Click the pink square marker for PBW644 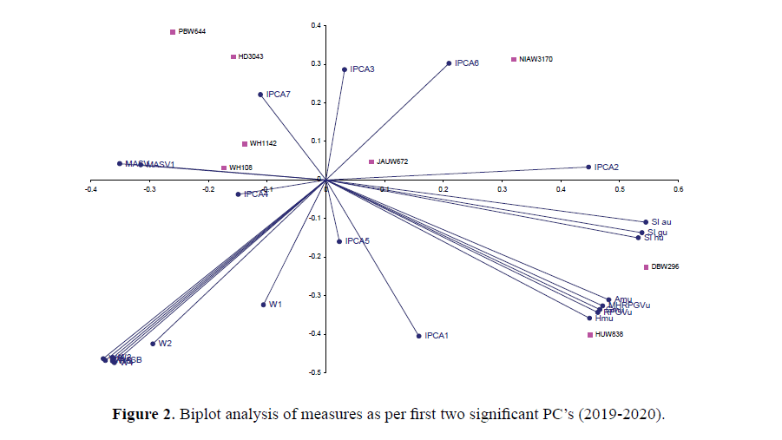tap(173, 32)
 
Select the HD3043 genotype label tap(251, 57)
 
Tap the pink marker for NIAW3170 tap(514, 60)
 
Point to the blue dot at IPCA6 tap(449, 63)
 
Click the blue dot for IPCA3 tap(345, 69)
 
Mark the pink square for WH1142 tap(245, 144)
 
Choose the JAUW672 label tap(392, 161)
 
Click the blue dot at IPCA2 tap(588, 167)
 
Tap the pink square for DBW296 tap(646, 267)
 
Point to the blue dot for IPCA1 tap(419, 336)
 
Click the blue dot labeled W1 tap(264, 305)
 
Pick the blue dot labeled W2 tap(153, 344)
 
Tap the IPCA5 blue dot tap(339, 241)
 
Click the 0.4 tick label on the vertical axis tap(317, 25)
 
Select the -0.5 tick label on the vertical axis tap(316, 372)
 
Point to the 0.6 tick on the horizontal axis tap(678, 187)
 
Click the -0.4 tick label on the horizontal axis tap(89, 187)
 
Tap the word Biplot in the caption tap(200, 413)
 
